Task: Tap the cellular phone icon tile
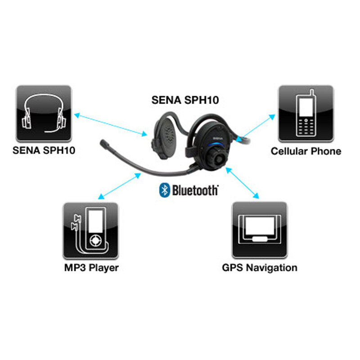pyautogui.click(x=306, y=113)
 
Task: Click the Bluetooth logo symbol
pyautogui.click(x=164, y=190)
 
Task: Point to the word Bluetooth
pyautogui.click(x=195, y=190)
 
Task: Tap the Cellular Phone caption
pyautogui.click(x=306, y=151)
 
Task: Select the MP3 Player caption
pyautogui.click(x=91, y=268)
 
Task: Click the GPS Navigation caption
pyautogui.click(x=260, y=268)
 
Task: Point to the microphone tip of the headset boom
pyautogui.click(x=105, y=145)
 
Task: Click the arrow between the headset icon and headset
pyautogui.click(x=110, y=124)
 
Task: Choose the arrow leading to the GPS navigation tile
pyautogui.click(x=243, y=183)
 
